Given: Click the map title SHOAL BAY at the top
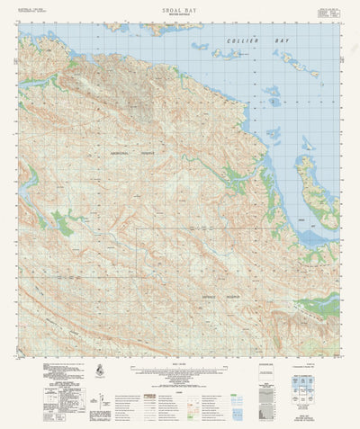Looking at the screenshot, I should point(179,7).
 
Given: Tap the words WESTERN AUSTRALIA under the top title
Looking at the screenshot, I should point(179,14).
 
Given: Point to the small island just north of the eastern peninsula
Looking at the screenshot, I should point(308,142).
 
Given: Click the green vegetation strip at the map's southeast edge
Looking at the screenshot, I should point(322,308).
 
